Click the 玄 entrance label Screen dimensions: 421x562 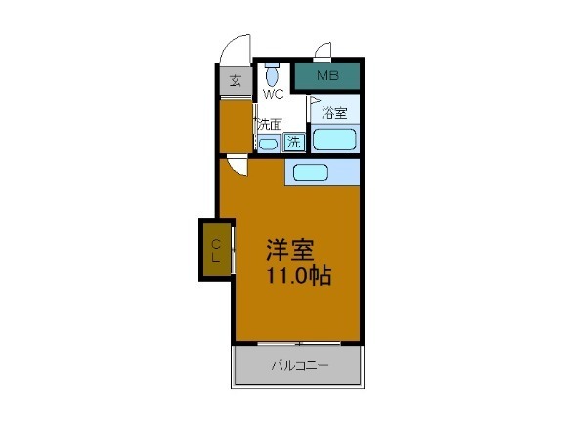coord(235,80)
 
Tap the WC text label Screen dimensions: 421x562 coord(273,94)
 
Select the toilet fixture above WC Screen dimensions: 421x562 coord(274,74)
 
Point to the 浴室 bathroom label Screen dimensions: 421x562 coord(335,113)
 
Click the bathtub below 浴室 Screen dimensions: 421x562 coord(334,139)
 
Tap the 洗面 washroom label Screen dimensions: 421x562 coord(270,124)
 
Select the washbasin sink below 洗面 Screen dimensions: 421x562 coord(268,143)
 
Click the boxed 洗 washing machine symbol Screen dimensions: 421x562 coord(293,143)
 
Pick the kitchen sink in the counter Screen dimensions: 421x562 coord(311,173)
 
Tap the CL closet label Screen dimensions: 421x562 coord(216,249)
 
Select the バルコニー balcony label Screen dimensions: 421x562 coord(299,366)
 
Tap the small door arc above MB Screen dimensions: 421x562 coord(324,51)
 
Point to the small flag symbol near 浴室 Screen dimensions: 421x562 coord(315,100)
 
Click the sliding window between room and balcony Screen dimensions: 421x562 coord(297,342)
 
